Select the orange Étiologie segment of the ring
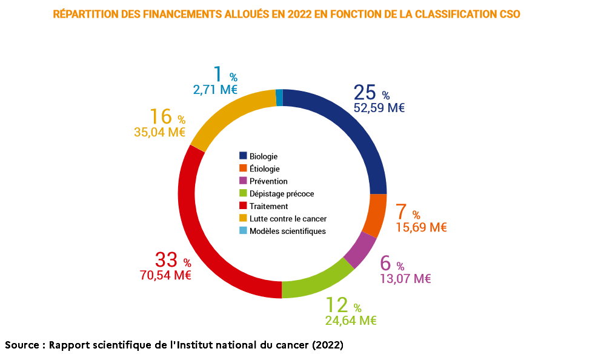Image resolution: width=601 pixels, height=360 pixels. click(x=376, y=215)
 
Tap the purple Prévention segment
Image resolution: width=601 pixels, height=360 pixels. click(x=360, y=251)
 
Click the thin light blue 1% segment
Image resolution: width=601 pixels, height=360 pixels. click(x=279, y=98)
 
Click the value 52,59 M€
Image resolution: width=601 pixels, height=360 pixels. click(x=379, y=108)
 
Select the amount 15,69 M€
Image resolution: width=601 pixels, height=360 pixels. click(x=421, y=227)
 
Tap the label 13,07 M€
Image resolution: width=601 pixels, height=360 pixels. click(x=405, y=279)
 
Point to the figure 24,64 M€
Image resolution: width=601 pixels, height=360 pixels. click(x=351, y=321)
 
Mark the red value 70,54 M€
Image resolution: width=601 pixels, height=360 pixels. click(x=165, y=276)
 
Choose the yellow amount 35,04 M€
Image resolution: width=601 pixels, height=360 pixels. click(x=159, y=132)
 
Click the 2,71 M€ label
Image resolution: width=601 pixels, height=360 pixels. click(x=214, y=90)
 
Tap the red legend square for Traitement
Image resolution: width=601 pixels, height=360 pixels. click(x=244, y=206)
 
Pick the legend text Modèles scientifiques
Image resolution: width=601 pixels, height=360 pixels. click(x=287, y=231)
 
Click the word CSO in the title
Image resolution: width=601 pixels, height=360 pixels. click(x=507, y=13)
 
